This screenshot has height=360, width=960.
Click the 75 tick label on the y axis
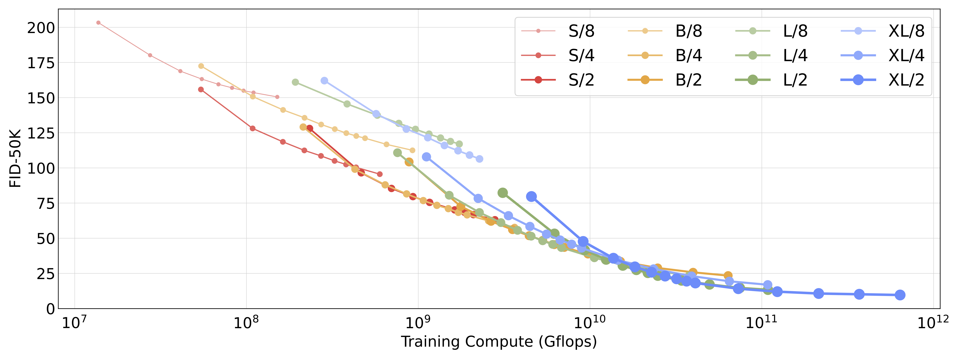click(x=45, y=203)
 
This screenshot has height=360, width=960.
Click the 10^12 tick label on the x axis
click(x=933, y=323)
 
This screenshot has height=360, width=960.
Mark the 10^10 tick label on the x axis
click(x=590, y=323)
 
